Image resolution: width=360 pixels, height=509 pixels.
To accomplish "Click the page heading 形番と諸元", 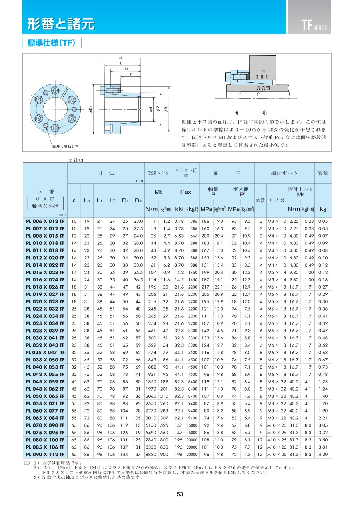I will (61, 24).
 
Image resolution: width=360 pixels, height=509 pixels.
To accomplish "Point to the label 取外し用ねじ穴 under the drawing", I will (66, 146).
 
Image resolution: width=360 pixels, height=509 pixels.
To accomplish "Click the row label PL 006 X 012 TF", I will (45, 221).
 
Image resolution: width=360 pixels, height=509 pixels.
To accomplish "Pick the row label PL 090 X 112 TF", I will (45, 454).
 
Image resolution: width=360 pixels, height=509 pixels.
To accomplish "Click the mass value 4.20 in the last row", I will (323, 454).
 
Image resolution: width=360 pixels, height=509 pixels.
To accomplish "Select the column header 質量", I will (323, 173).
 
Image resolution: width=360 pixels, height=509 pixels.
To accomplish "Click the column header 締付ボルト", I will (284, 173).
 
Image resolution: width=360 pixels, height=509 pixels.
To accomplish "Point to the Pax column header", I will (186, 192).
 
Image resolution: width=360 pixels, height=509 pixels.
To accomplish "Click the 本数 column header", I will (260, 200).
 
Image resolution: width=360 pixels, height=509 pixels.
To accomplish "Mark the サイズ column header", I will (276, 200).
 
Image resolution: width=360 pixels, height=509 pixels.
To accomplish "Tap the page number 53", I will (180, 495).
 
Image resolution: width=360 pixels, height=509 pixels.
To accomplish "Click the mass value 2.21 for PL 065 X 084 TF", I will (323, 417).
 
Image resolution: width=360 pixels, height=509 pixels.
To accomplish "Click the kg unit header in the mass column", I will (323, 209).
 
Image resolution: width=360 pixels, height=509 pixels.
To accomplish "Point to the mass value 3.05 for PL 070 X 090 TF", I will (323, 425).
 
